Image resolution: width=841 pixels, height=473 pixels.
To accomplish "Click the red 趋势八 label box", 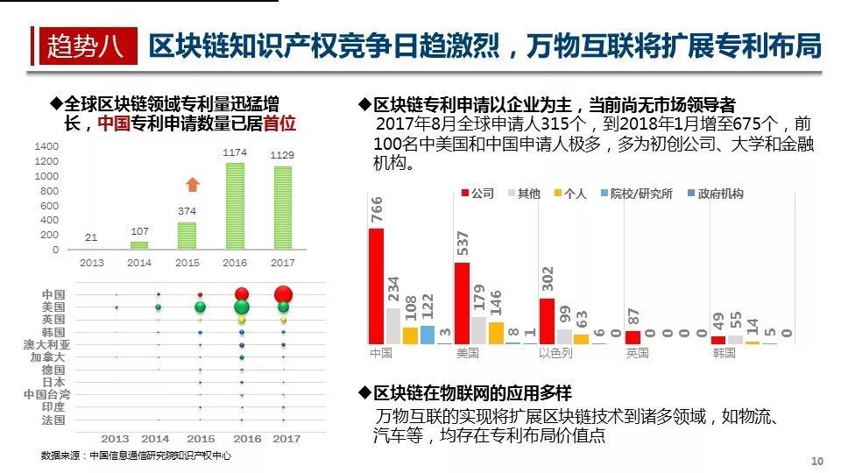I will (85, 45).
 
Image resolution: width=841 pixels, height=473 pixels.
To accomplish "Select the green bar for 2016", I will (235, 207).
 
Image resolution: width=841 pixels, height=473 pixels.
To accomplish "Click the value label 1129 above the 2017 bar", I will (282, 155).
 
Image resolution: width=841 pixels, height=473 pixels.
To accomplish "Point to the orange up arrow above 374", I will (194, 184).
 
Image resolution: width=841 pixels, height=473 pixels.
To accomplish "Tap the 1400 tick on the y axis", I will (47, 147).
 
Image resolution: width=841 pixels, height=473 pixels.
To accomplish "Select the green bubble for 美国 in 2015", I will (201, 307).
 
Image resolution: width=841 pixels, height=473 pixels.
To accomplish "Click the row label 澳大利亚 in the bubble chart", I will (45, 345).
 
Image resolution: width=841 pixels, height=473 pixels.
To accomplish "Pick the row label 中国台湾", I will (45, 395).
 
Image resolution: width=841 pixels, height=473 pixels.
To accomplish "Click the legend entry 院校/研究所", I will (641, 194).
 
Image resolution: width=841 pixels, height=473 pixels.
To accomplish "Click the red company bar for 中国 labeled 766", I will (377, 286).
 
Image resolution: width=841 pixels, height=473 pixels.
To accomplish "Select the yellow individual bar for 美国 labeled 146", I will (496, 333).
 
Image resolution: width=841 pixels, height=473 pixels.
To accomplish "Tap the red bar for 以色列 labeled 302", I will (547, 321).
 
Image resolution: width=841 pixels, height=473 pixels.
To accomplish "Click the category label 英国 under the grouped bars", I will (637, 353).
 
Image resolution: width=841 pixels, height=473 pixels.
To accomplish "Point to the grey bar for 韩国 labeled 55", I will (735, 339).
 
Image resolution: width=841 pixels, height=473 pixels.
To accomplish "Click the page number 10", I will (818, 462).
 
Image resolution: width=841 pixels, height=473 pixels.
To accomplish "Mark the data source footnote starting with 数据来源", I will (136, 455).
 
